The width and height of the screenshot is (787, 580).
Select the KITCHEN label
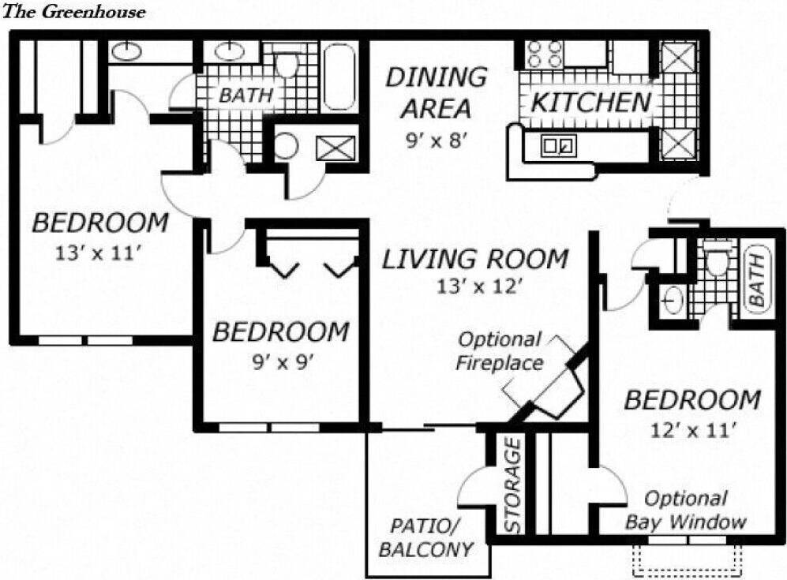[591, 102]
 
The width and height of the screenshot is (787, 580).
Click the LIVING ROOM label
[475, 259]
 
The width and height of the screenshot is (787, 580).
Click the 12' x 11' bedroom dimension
[692, 430]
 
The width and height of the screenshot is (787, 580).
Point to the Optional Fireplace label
[500, 351]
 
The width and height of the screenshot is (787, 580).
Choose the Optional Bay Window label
[685, 510]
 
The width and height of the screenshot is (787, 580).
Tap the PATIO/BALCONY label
[426, 538]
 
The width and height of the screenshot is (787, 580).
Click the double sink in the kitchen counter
[558, 145]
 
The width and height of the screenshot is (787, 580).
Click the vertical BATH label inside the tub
[755, 280]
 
